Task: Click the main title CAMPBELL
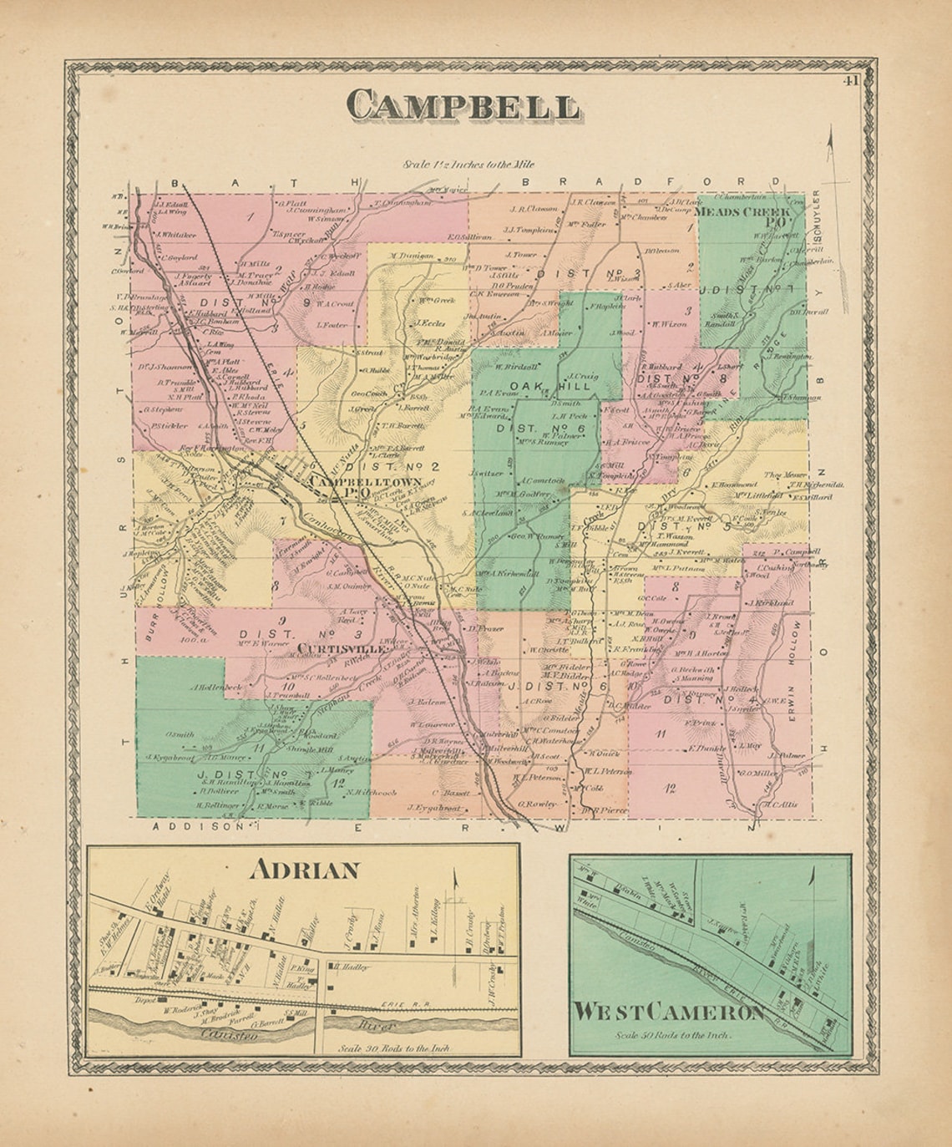click(463, 107)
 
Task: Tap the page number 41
click(851, 81)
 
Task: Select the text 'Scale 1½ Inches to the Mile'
click(468, 165)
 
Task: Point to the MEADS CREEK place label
click(742, 212)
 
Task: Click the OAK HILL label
click(543, 385)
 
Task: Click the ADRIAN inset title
click(305, 870)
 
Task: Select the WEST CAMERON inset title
click(668, 1013)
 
